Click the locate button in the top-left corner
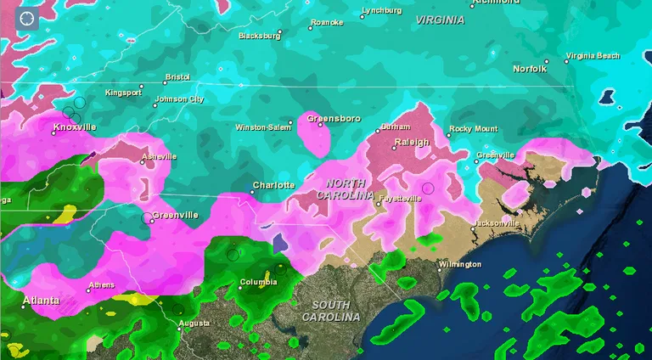[x=27, y=18]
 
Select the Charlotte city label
[x=274, y=185]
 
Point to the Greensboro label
[x=334, y=118]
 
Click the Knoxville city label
[x=75, y=128]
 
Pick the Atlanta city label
[x=41, y=301]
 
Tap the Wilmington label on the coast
[x=460, y=265]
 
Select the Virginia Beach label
[x=593, y=56]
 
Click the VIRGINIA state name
[x=440, y=20]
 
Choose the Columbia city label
[x=258, y=283]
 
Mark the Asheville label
[x=159, y=157]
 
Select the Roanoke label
[x=327, y=23]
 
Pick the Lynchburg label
[x=381, y=11]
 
